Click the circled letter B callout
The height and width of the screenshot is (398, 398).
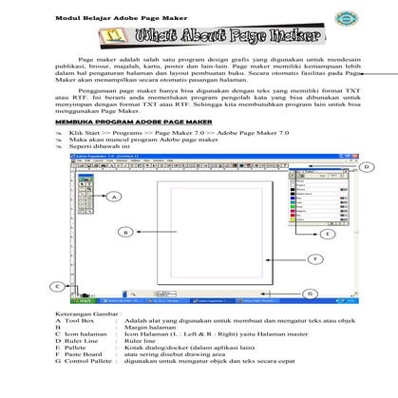pos(123,232)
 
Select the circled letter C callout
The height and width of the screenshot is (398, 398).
pos(59,285)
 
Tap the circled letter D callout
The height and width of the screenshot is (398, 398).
pos(365,167)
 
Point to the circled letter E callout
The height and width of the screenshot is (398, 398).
pos(326,233)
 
